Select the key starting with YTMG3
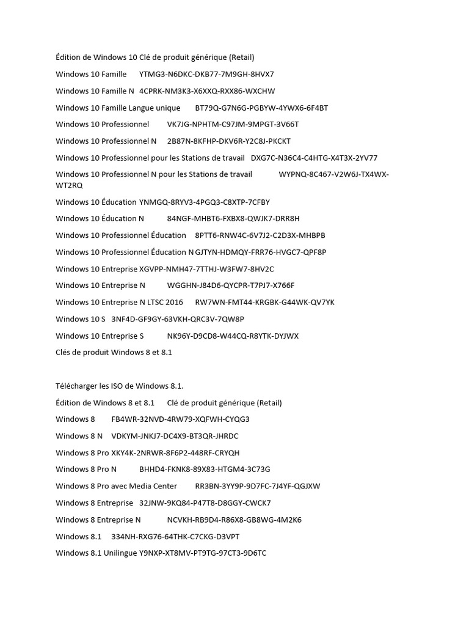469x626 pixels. pyautogui.click(x=206, y=75)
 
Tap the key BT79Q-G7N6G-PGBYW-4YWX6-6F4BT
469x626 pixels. pyautogui.click(x=261, y=108)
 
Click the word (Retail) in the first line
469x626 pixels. pyautogui.click(x=242, y=57)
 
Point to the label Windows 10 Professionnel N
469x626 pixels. pyautogui.click(x=106, y=141)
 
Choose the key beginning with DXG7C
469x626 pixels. pyautogui.click(x=314, y=158)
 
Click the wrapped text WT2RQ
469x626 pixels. pyautogui.click(x=69, y=185)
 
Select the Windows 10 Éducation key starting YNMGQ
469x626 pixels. pyautogui.click(x=205, y=202)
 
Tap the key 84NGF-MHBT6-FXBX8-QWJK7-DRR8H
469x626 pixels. pyautogui.click(x=233, y=218)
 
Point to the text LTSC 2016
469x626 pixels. pyautogui.click(x=165, y=303)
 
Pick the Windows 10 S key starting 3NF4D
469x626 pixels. pyautogui.click(x=178, y=319)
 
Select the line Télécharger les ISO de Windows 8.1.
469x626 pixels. pyautogui.click(x=120, y=386)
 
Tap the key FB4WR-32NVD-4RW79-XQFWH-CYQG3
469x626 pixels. pyautogui.click(x=181, y=419)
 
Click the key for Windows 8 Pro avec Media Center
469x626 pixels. pyautogui.click(x=258, y=486)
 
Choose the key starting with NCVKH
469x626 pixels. pyautogui.click(x=234, y=520)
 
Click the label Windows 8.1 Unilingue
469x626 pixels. pyautogui.click(x=96, y=553)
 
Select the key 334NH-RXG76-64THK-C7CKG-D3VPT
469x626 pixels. pyautogui.click(x=176, y=537)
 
